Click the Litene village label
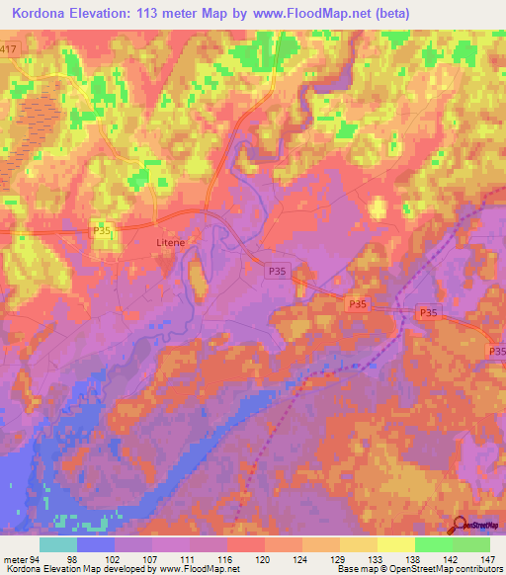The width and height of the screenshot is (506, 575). [170, 240]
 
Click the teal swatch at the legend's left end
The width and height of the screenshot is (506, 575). [58, 544]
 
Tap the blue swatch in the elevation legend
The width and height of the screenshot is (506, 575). [96, 544]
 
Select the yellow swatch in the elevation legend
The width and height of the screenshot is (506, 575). [396, 544]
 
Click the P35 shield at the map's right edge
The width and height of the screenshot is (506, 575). [497, 351]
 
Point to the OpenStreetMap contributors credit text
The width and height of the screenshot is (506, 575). [446, 569]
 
